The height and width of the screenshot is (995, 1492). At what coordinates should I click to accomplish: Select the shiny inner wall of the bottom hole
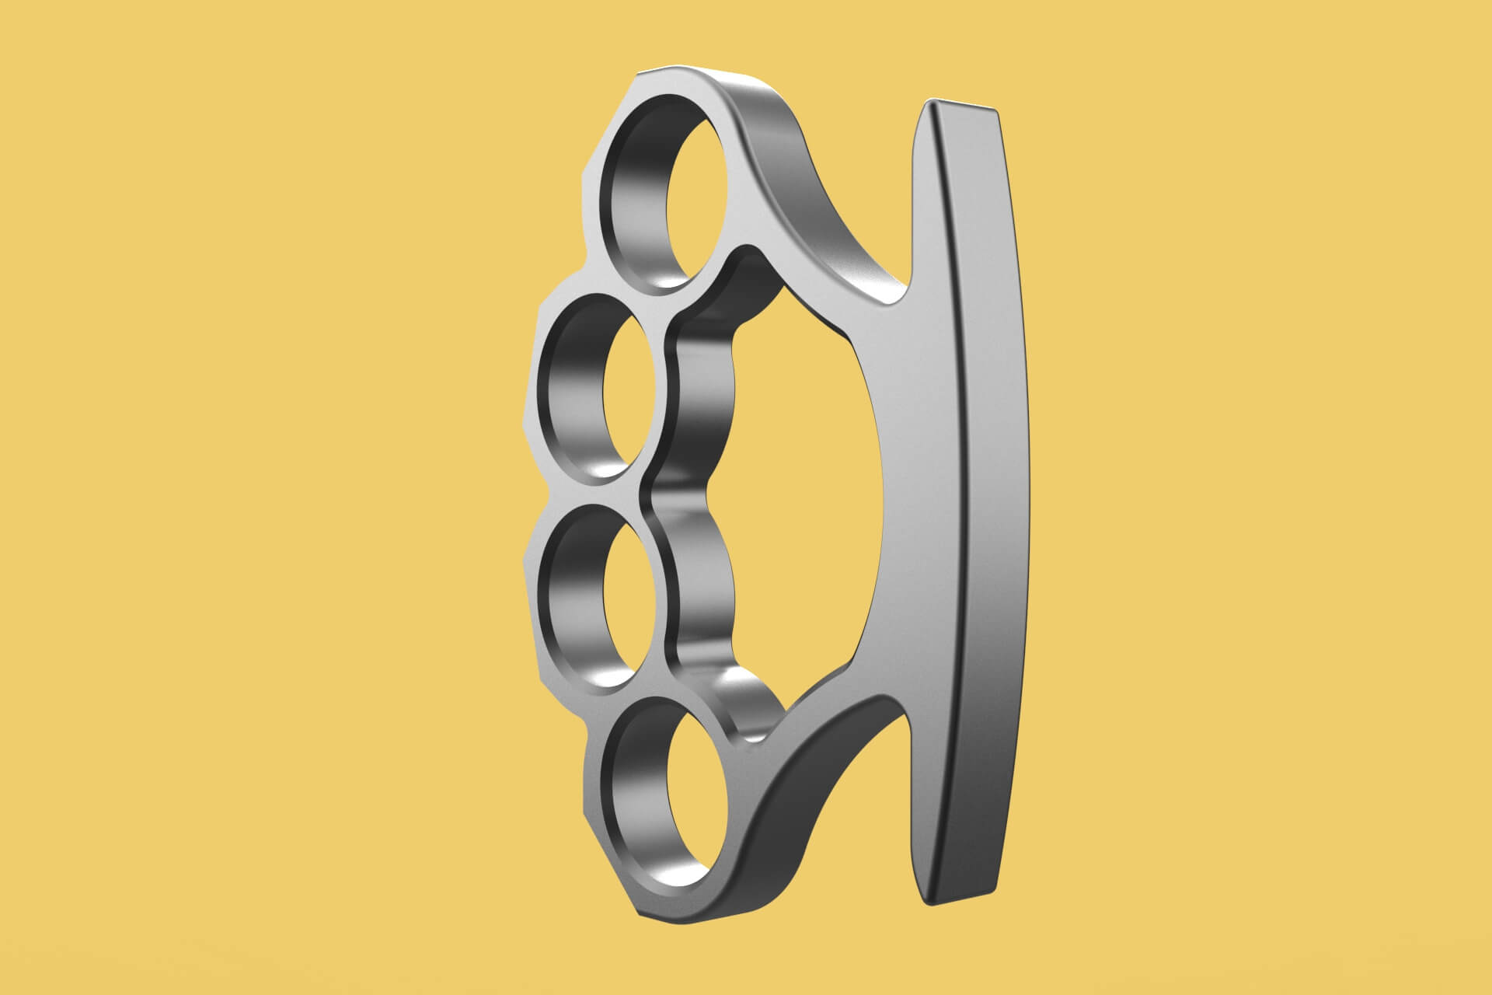(637, 793)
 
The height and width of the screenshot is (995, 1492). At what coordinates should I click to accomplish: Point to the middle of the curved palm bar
(987, 497)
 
